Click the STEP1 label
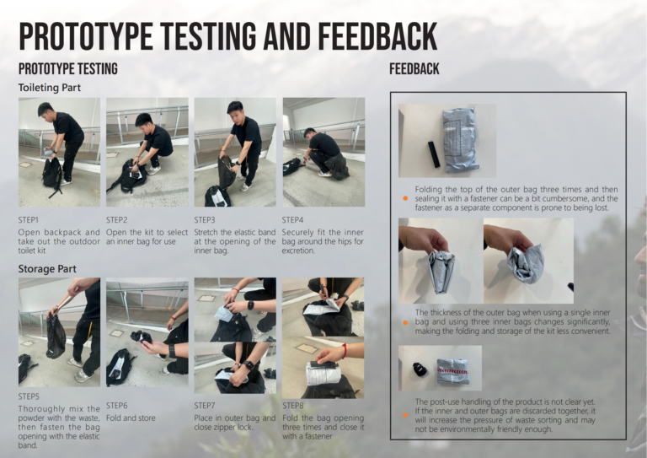coord(28,219)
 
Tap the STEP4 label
coord(292,219)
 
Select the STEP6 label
coord(117,406)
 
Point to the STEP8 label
coord(292,406)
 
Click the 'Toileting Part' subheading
coord(49,88)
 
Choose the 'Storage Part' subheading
coord(47,269)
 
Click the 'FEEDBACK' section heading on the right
coord(414,69)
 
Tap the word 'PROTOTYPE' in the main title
coord(86,36)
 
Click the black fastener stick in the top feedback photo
coord(433,154)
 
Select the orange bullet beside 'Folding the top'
coord(405,199)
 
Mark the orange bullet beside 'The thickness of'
coord(405,322)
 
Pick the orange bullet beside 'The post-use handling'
coord(405,416)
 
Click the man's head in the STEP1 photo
coord(45,110)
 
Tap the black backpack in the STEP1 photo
coord(52,175)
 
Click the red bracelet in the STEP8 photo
coord(344,351)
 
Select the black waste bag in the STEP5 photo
coord(56,335)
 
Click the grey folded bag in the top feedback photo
coord(460,139)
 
